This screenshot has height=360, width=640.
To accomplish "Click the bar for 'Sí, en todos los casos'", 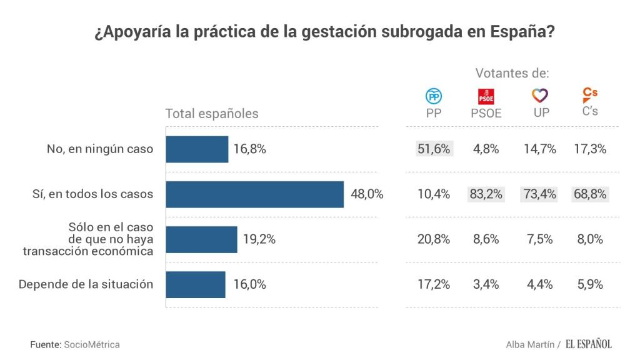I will click(x=254, y=194).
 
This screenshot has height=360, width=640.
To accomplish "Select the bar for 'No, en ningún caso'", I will click(x=197, y=149).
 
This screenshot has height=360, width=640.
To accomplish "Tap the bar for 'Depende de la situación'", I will click(x=195, y=284).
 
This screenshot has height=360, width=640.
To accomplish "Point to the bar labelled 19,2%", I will click(x=201, y=239).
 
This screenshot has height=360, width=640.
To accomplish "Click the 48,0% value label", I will click(x=366, y=194).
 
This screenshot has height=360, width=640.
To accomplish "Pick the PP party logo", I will click(x=434, y=96).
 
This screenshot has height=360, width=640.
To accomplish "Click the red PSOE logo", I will click(x=486, y=96).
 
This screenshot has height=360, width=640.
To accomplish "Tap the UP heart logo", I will click(x=539, y=96).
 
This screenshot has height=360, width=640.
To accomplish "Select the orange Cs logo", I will click(x=589, y=94).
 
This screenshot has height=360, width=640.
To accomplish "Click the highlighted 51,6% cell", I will click(x=434, y=149).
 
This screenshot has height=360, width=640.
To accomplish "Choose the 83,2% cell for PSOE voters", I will click(x=486, y=194).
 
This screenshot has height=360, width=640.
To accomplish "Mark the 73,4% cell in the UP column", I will click(x=539, y=194).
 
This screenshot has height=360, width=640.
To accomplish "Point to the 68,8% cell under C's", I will click(x=590, y=194).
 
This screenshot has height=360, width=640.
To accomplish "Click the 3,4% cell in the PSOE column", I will click(x=486, y=284).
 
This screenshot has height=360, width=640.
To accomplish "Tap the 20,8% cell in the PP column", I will click(x=434, y=239).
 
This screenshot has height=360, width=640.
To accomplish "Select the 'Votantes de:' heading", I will click(x=512, y=73).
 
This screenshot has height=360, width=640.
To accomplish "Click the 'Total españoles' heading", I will click(x=211, y=114).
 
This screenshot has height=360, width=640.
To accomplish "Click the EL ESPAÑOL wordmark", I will click(x=589, y=344).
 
